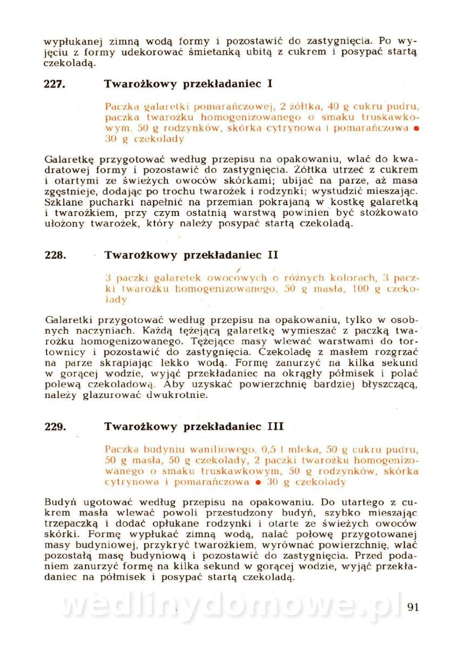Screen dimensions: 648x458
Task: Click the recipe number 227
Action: pyautogui.click(x=55, y=84)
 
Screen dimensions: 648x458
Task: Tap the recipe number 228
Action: pyautogui.click(x=55, y=255)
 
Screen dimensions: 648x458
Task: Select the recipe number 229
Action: pyautogui.click(x=55, y=427)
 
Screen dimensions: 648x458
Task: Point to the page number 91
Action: pyautogui.click(x=413, y=606)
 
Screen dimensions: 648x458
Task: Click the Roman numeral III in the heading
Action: pyautogui.click(x=275, y=427)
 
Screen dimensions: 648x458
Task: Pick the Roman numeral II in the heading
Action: pyautogui.click(x=273, y=255)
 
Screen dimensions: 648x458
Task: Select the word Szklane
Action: pyautogui.click(x=64, y=202)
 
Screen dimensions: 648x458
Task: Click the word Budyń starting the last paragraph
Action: pyautogui.click(x=60, y=500)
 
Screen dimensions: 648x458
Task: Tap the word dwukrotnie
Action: pyautogui.click(x=181, y=395)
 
